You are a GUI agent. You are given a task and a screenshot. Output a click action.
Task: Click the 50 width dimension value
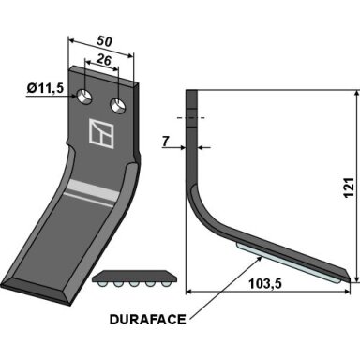click(104, 41)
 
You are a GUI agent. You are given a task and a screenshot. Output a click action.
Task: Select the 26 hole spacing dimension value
click(104, 59)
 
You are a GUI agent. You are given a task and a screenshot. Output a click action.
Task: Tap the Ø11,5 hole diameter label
click(45, 89)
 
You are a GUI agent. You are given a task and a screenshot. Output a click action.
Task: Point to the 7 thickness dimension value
click(166, 142)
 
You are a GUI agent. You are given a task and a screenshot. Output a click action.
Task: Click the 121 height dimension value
click(349, 187)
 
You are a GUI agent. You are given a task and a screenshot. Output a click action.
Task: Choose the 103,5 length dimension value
click(265, 284)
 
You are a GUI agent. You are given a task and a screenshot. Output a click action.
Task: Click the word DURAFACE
click(148, 320)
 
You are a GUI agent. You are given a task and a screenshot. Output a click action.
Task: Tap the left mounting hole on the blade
click(84, 97)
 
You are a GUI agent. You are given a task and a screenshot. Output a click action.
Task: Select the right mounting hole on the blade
click(118, 105)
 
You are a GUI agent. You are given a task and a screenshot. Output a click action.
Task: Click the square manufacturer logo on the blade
click(101, 133)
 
